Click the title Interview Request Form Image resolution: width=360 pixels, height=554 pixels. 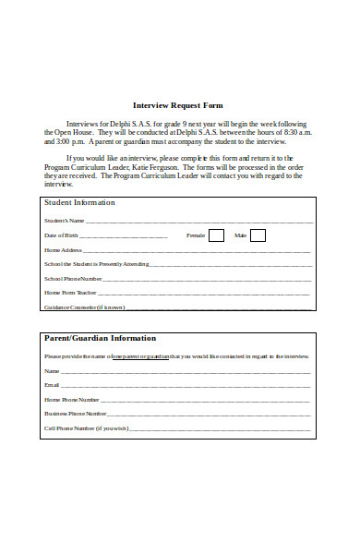(179, 105)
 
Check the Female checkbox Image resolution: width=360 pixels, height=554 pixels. (216, 235)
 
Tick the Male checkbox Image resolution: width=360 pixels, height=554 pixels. (258, 235)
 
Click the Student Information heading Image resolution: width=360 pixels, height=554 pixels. (80, 202)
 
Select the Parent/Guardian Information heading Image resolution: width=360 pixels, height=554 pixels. (100, 338)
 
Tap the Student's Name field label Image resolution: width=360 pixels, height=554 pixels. (65, 222)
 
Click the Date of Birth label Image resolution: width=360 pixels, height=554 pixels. (63, 236)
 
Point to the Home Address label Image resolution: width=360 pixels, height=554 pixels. (64, 250)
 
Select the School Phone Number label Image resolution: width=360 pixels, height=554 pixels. (74, 278)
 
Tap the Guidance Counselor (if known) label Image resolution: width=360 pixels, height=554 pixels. (84, 307)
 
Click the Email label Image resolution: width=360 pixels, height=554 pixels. (52, 385)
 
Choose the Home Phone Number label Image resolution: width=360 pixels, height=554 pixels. (72, 399)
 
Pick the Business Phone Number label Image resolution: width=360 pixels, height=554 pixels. (76, 414)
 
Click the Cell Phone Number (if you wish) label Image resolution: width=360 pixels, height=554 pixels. (86, 428)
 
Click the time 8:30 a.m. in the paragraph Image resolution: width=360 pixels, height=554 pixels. (292, 133)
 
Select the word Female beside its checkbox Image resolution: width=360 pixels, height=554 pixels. (196, 236)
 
